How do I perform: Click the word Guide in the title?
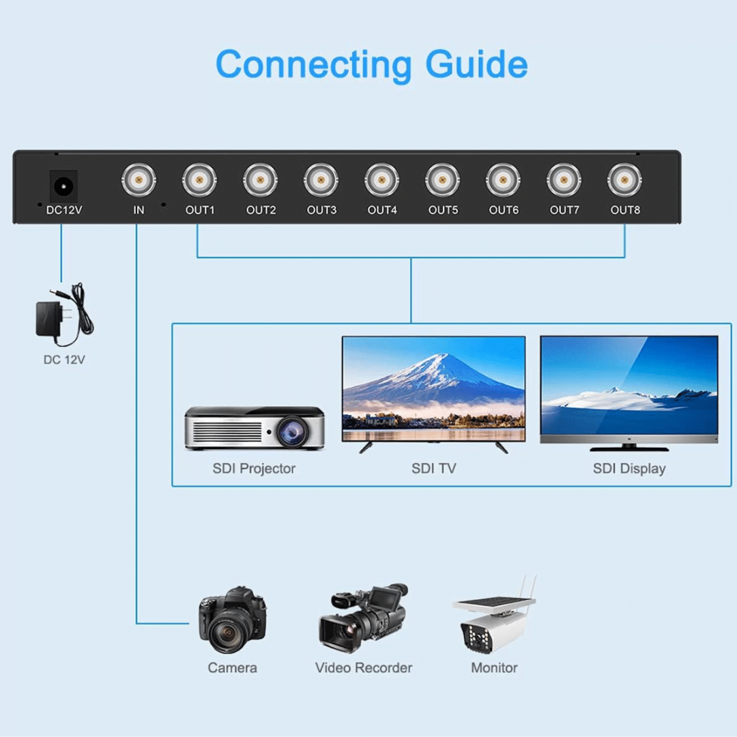(476, 64)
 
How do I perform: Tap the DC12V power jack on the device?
(63, 186)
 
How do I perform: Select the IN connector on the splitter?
(139, 180)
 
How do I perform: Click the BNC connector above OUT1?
(199, 180)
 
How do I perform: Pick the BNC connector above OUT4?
(381, 180)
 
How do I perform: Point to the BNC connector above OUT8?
(624, 180)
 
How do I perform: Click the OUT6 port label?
(504, 210)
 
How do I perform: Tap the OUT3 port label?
(321, 210)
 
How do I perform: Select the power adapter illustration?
(64, 314)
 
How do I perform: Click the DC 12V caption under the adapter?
(64, 360)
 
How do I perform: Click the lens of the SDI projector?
(292, 431)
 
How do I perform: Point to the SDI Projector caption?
(254, 469)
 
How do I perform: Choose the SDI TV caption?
(433, 469)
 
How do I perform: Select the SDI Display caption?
(629, 469)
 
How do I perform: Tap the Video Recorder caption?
(364, 668)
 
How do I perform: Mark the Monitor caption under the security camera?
(494, 668)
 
